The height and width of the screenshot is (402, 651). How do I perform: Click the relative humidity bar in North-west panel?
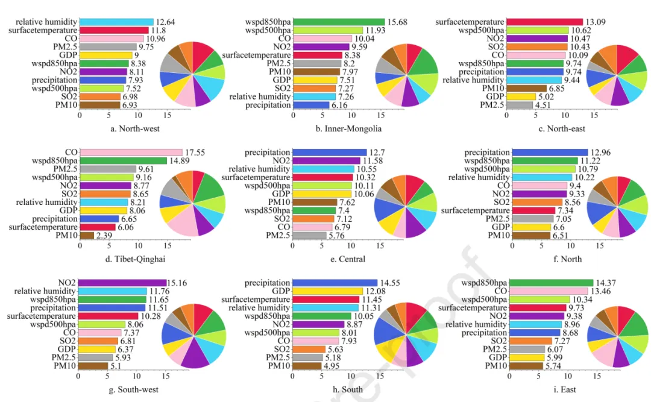pos(116,22)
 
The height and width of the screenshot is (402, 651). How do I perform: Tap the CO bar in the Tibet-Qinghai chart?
pos(131,152)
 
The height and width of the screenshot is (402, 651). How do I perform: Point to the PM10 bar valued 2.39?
pos(86,235)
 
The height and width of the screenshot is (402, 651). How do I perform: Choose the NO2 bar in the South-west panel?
pos(122,283)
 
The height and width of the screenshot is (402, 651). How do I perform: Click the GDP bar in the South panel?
pos(328,291)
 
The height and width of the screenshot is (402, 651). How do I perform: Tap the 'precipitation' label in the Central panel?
pos(267,152)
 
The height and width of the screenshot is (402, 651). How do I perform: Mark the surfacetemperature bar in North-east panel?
pos(544,22)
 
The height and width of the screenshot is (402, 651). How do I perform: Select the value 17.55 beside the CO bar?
pos(195,152)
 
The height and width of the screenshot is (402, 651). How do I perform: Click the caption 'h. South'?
pos(348,389)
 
